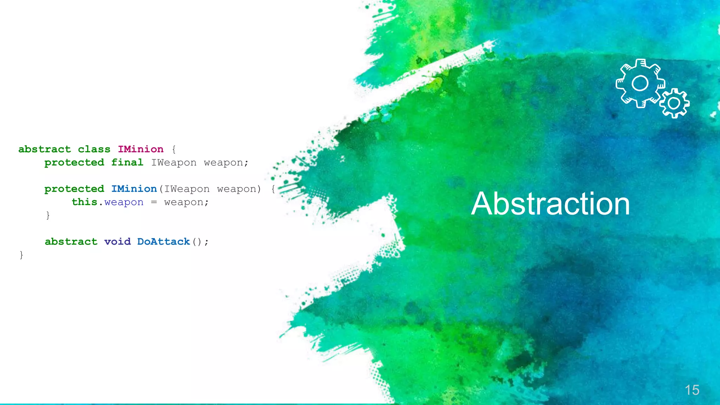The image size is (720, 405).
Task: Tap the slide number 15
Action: [692, 390]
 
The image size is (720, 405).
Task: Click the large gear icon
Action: [640, 83]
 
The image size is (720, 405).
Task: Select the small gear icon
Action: [674, 103]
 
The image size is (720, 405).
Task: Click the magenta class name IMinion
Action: [141, 149]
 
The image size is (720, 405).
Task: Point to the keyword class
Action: [94, 149]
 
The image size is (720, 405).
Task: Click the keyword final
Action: [127, 162]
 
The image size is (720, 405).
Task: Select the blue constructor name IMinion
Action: [134, 189]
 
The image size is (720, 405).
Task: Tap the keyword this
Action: [84, 202]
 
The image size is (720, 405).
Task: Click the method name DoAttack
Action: [163, 242]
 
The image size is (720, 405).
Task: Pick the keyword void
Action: [117, 242]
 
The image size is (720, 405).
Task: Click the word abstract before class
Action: [45, 149]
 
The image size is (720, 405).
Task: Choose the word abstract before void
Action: [71, 242]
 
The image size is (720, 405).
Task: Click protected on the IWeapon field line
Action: [74, 162]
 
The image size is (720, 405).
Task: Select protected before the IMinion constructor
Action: [74, 189]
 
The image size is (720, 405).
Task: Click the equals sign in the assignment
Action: [154, 202]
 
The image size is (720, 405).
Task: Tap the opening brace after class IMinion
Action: [174, 149]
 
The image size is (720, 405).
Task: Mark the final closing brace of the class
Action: [21, 255]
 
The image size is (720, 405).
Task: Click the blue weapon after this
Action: [124, 202]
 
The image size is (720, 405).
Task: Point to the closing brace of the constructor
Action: [48, 215]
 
